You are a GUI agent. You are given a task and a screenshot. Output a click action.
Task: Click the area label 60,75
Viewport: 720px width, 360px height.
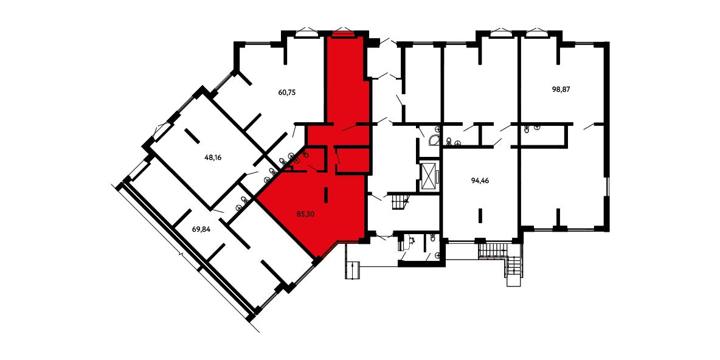pos(287,92)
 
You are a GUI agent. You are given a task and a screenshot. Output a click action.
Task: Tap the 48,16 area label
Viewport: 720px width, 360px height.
pos(213,157)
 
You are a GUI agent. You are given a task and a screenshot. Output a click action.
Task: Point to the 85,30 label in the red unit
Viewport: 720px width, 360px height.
pos(306,213)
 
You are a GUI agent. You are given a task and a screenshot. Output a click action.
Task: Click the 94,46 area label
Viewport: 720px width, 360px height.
pos(480,181)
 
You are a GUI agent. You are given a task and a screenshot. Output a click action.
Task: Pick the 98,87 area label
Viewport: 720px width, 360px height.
pos(561,89)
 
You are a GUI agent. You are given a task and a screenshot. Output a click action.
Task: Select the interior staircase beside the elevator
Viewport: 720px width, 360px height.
pos(400,202)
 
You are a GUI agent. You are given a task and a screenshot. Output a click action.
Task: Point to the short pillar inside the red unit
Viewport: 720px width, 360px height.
pos(327,195)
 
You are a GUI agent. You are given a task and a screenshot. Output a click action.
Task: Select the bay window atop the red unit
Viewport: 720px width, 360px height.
pos(341,32)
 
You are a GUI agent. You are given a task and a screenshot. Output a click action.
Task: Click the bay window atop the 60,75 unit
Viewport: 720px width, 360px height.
pos(305,32)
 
